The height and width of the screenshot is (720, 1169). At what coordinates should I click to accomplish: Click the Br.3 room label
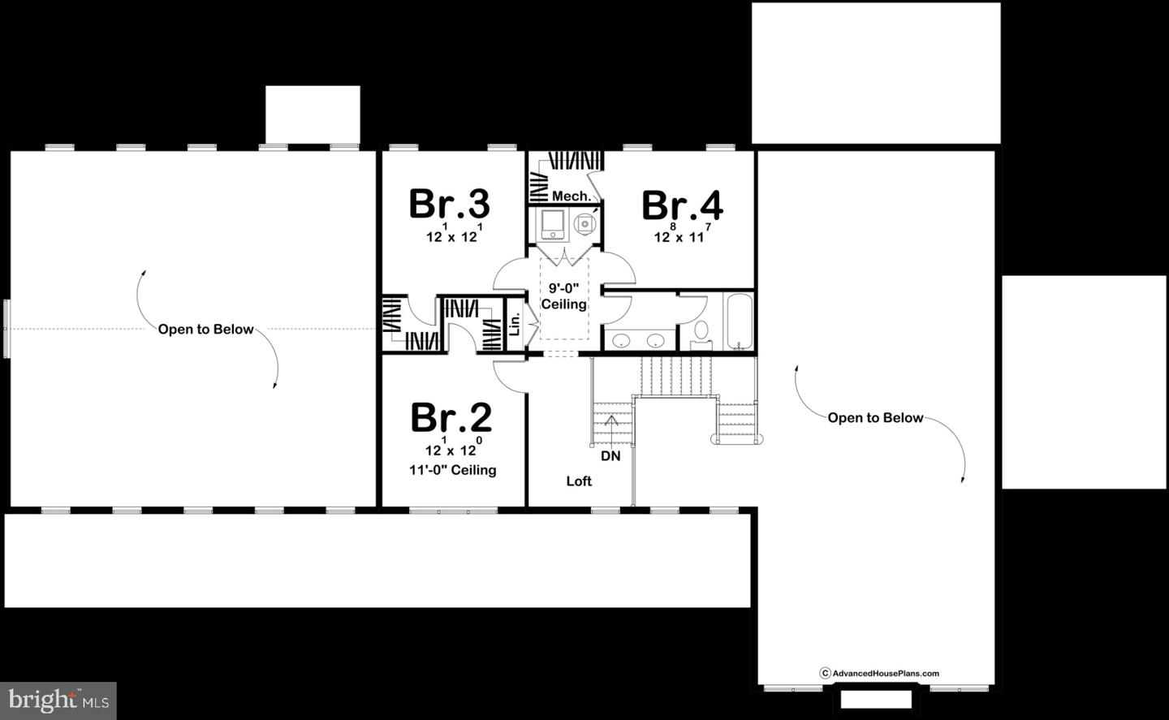[x=449, y=204]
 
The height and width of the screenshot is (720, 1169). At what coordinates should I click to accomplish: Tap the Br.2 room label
[x=451, y=417]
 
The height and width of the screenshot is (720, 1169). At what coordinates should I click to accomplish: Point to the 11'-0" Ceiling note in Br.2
[x=452, y=470]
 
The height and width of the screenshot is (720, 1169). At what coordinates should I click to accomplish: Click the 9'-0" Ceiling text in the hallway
[x=563, y=296]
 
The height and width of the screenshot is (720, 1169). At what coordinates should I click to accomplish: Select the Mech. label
[x=571, y=196]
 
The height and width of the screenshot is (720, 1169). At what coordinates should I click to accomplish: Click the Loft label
[x=579, y=481]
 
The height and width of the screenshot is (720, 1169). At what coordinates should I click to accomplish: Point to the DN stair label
[x=610, y=456]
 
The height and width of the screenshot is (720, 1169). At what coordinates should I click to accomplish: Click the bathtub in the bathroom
[x=738, y=321]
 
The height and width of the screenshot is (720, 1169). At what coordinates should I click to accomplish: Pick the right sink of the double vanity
[x=657, y=340]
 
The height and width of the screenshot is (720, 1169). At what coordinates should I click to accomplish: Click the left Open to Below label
[x=205, y=330]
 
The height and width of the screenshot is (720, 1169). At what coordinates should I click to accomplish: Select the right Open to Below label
[x=875, y=418]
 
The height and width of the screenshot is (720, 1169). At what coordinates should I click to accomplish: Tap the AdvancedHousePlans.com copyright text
[x=879, y=673]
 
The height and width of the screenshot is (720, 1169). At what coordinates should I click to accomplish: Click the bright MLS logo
[x=58, y=700]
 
